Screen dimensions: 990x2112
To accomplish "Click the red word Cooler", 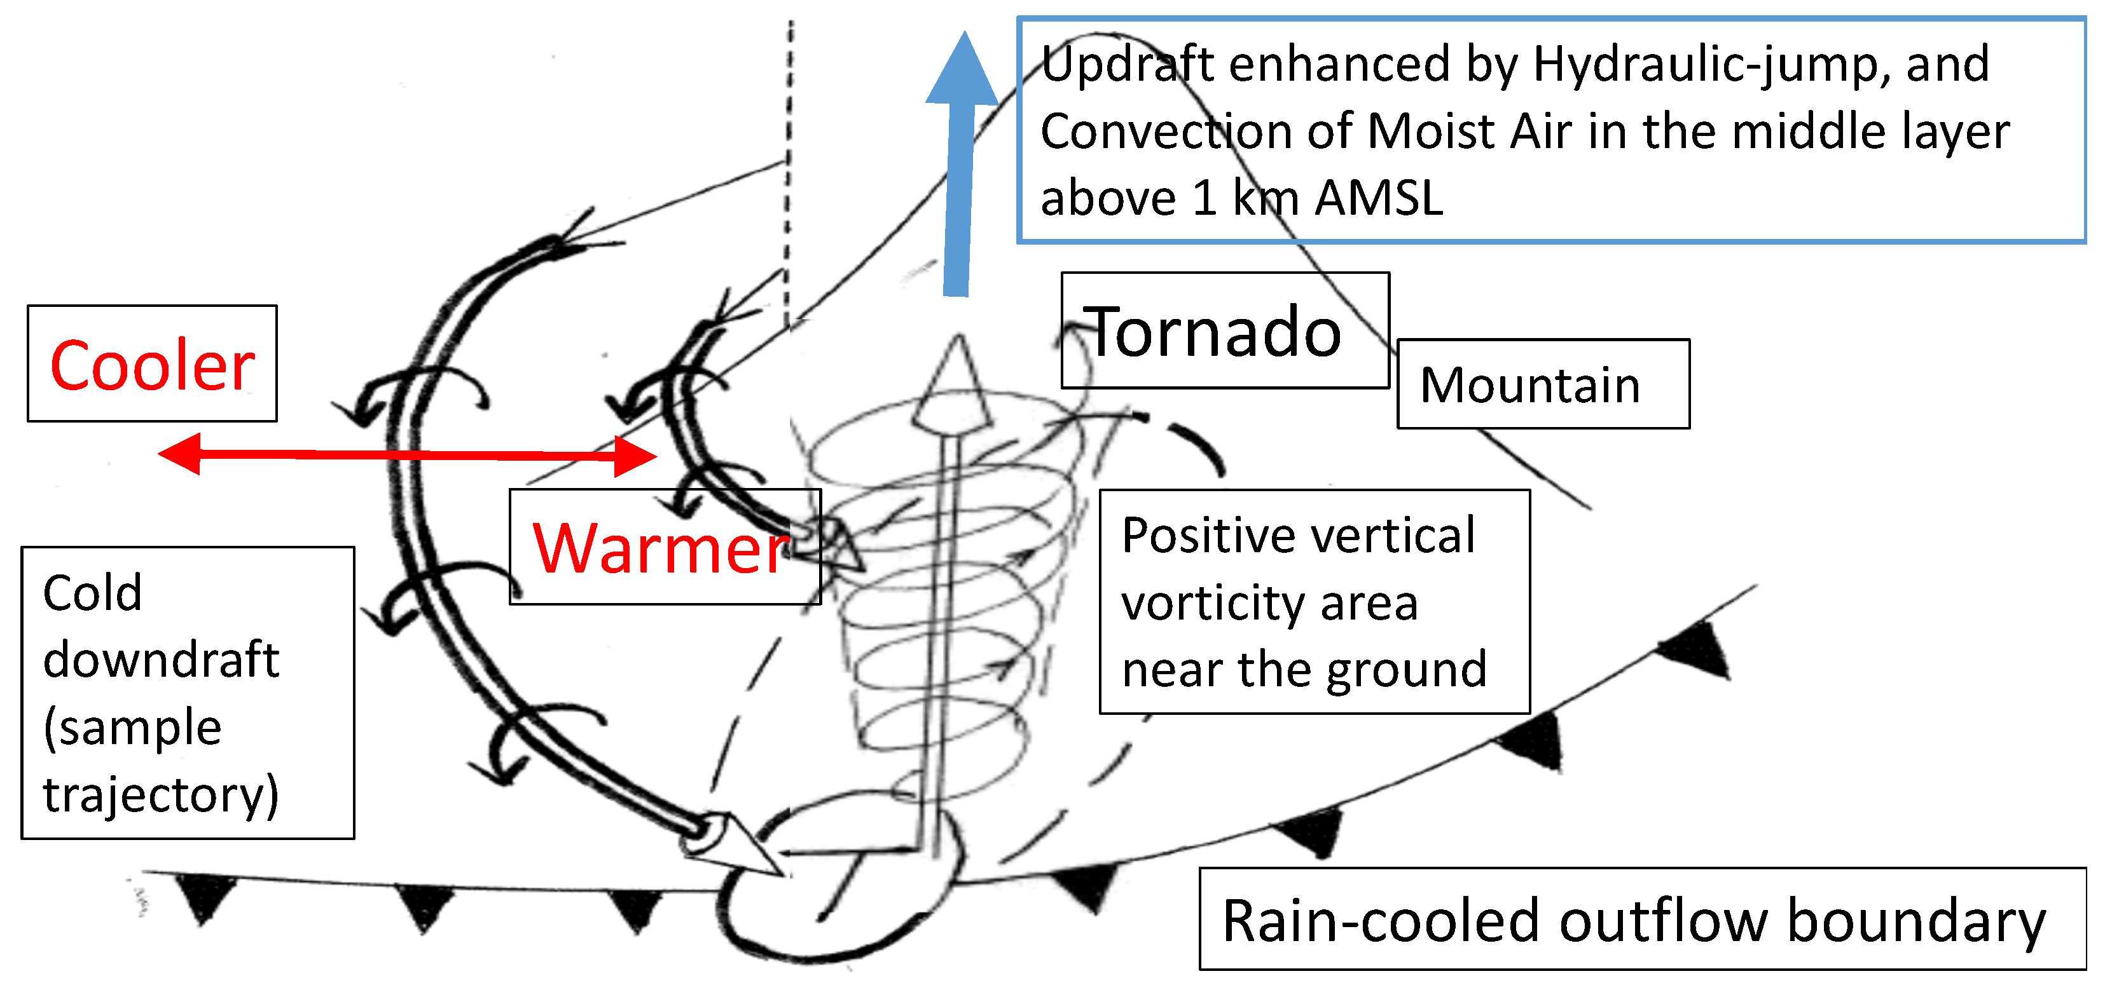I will tap(152, 365).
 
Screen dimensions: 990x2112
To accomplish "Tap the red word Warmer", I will tap(660, 548).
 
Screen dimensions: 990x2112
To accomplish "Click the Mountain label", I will tap(1530, 385).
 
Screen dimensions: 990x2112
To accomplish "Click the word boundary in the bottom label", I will tap(1916, 921).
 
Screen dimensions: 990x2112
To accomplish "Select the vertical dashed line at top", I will tap(789, 164).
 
